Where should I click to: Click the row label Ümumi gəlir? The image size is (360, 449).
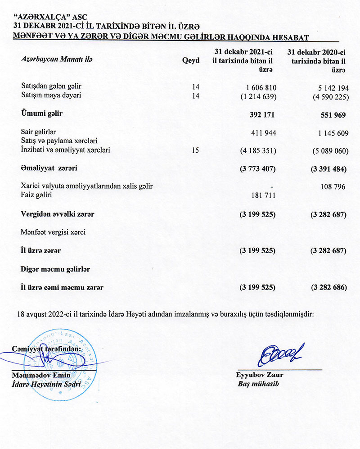tap(42, 114)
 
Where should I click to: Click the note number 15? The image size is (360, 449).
tap(195, 150)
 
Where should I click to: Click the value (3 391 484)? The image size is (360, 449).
tap(328, 169)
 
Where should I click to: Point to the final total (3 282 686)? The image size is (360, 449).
tap(328, 287)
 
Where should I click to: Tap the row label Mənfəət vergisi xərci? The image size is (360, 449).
tap(54, 232)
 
